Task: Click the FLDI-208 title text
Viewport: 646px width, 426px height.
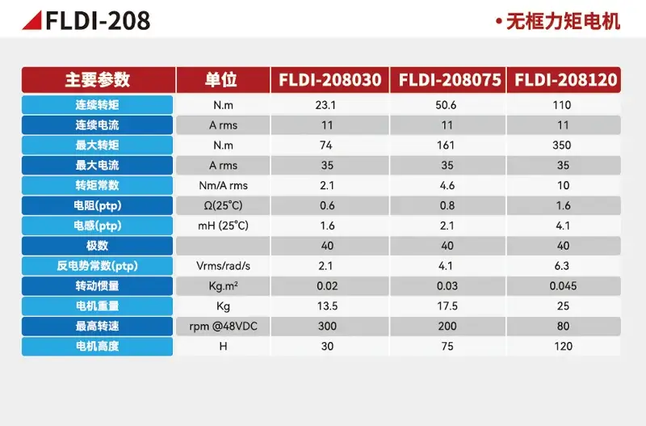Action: click(x=98, y=21)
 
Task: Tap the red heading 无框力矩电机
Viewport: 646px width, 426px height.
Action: click(x=563, y=22)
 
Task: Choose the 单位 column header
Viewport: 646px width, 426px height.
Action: click(x=223, y=79)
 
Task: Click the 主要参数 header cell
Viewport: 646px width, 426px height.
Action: click(x=99, y=79)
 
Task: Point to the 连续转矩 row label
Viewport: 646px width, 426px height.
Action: click(x=97, y=105)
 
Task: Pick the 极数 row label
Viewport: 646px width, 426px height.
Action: click(x=97, y=246)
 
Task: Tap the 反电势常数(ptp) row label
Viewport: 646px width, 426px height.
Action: click(x=97, y=266)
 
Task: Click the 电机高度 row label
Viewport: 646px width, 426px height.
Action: click(x=97, y=347)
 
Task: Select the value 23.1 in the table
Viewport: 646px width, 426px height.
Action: click(x=325, y=105)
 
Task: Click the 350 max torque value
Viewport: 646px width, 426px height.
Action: click(x=562, y=146)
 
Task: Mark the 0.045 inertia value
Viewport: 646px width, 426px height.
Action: click(x=563, y=286)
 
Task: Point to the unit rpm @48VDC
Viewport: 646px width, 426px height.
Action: click(x=224, y=327)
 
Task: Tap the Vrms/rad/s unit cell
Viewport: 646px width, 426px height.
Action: click(x=224, y=266)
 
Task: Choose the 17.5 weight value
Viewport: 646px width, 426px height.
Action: click(x=447, y=306)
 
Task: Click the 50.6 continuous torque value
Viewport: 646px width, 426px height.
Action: click(x=446, y=105)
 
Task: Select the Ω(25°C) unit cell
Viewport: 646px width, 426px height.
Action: click(x=224, y=205)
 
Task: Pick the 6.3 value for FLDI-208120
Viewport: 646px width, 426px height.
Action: click(x=562, y=266)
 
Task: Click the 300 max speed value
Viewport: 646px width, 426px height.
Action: click(x=327, y=327)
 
